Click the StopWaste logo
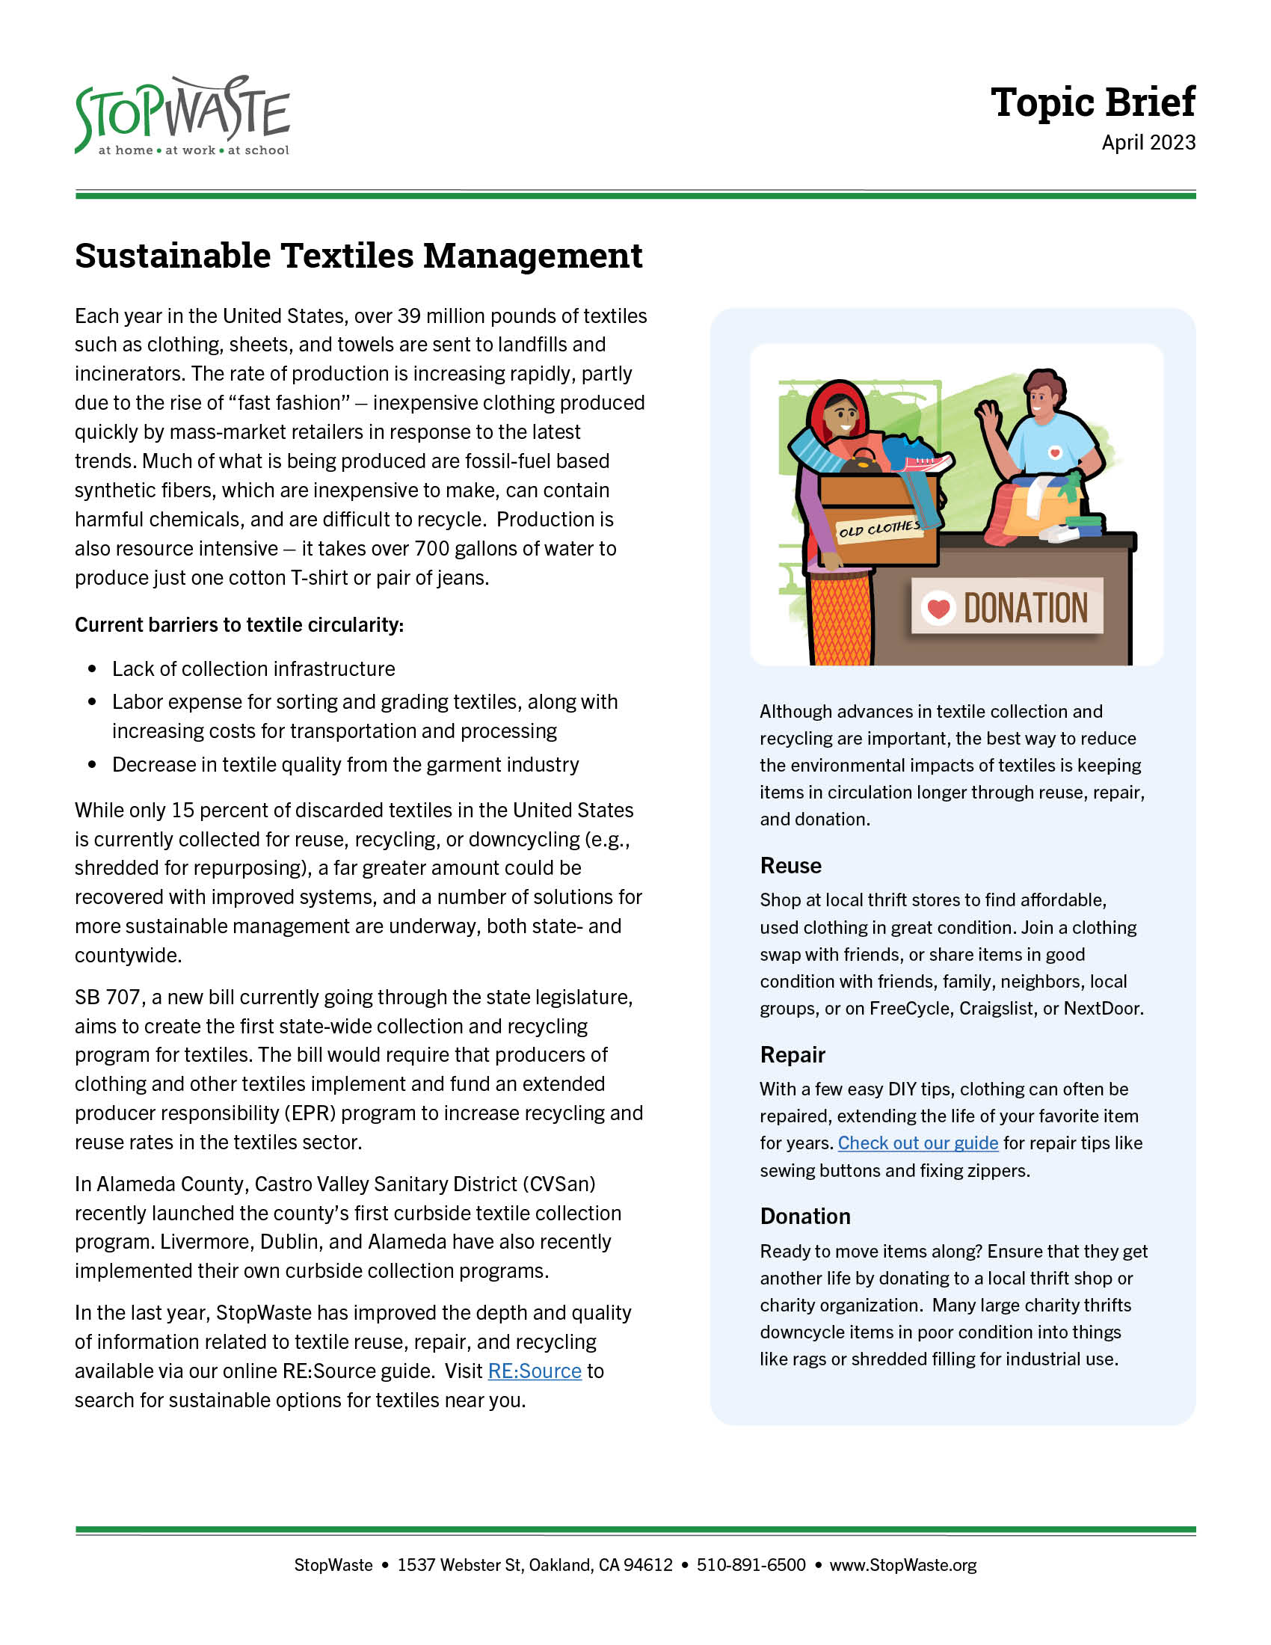tap(182, 116)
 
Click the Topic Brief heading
tap(1092, 102)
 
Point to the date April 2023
tap(1148, 142)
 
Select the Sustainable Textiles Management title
tap(358, 256)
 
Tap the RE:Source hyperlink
tap(535, 1370)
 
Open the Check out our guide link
tap(918, 1143)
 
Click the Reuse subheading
tap(790, 865)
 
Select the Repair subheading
tap(792, 1054)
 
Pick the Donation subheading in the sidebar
tap(805, 1217)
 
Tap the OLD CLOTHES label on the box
tap(879, 529)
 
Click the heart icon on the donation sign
tap(938, 607)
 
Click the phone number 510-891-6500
tap(751, 1564)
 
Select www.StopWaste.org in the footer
tap(903, 1564)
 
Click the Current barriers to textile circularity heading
tap(238, 624)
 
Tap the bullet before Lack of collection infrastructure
tap(93, 669)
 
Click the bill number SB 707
tap(107, 997)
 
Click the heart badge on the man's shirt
tap(1055, 452)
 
